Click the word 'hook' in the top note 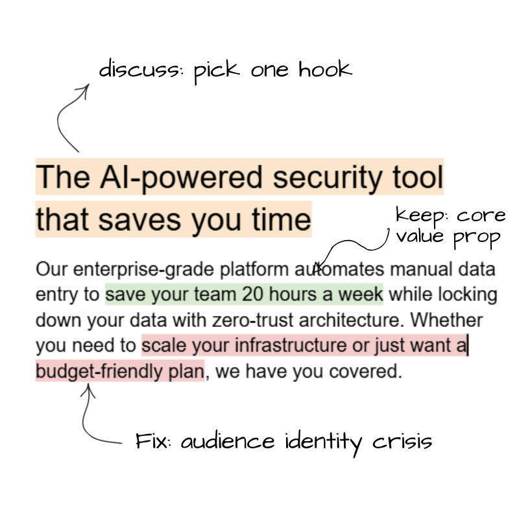point(325,69)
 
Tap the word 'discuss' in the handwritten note point(139,69)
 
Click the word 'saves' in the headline point(139,220)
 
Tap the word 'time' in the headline point(282,219)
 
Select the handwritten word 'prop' point(477,237)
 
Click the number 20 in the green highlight point(252,294)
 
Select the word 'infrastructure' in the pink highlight point(291,345)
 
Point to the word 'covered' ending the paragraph point(365,371)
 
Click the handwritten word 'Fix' point(152,441)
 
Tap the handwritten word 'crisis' point(402,441)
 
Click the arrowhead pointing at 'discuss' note point(84,90)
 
